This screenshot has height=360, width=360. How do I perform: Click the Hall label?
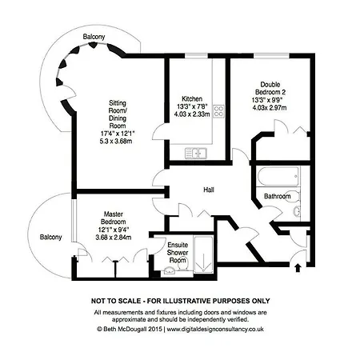[x=209, y=190]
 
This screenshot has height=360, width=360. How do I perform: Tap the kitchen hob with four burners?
[x=218, y=111]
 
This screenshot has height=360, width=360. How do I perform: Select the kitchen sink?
[x=196, y=153]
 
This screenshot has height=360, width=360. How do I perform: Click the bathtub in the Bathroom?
[x=278, y=176]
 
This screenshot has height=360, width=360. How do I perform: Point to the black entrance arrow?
[x=298, y=267]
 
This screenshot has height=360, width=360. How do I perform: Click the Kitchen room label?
[x=192, y=98]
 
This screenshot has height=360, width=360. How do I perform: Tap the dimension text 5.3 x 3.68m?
[x=116, y=141]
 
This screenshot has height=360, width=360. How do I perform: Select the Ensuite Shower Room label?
[x=178, y=252]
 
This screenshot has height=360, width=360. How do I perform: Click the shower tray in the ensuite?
[x=204, y=254]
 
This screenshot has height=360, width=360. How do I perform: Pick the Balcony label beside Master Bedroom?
[x=50, y=237]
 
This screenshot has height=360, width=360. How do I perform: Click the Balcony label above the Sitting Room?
[x=94, y=37]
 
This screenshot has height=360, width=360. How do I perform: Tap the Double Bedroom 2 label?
[x=270, y=88]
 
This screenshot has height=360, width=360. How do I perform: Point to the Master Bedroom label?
[x=114, y=218]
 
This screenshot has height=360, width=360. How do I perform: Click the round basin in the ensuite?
[x=169, y=270]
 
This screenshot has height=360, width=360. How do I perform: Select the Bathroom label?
[x=278, y=196]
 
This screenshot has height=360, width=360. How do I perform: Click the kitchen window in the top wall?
[x=196, y=56]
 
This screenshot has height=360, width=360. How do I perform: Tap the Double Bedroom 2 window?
[x=271, y=56]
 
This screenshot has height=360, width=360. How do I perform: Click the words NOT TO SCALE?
[x=116, y=301]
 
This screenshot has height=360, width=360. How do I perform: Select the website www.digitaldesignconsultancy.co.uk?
[x=215, y=330]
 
